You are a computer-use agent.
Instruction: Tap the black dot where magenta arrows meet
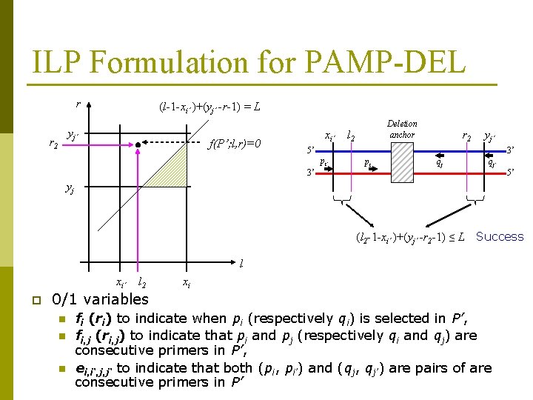click(138, 144)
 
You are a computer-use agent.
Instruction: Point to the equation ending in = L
click(209, 107)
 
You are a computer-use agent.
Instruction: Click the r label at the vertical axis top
click(78, 104)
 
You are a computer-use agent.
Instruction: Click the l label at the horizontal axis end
click(242, 263)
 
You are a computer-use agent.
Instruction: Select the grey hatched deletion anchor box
click(402, 162)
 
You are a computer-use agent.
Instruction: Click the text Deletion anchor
click(402, 129)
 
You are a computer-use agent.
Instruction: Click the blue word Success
click(500, 237)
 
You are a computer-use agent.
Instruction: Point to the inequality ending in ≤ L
click(409, 237)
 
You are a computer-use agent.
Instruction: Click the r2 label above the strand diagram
click(467, 136)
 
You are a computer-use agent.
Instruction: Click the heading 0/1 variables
click(100, 299)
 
